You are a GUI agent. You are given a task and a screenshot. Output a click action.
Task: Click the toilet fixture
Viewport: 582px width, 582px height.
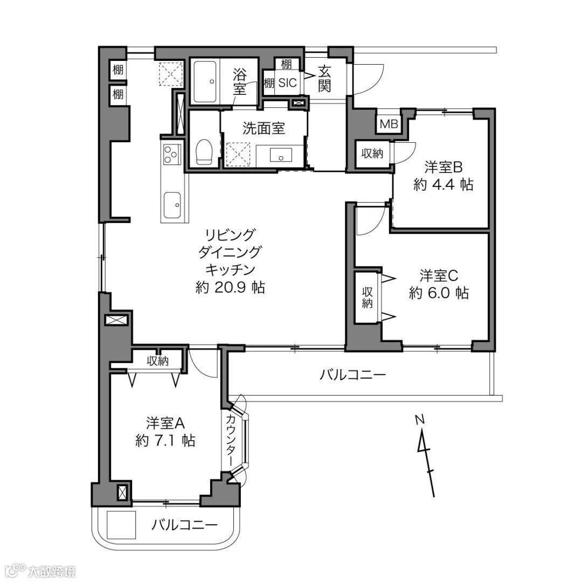(203, 151)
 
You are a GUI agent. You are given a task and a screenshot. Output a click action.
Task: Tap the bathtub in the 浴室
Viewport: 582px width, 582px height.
(205, 82)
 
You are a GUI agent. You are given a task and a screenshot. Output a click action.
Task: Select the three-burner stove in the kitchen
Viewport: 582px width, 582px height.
(172, 154)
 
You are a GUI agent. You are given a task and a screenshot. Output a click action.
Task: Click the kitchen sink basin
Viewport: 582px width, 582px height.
(172, 206)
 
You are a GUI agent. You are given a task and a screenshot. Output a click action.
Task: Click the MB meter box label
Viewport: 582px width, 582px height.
(389, 123)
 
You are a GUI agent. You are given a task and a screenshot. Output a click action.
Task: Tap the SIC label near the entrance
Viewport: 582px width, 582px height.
(287, 82)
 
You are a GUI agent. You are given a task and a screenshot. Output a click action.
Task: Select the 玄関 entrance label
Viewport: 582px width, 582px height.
(324, 79)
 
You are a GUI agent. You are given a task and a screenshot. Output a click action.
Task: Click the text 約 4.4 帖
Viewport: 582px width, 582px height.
(443, 184)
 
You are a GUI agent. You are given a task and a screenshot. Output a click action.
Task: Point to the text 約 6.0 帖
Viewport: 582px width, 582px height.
(439, 293)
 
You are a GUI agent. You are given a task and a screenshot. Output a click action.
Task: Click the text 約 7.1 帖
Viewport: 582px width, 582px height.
(165, 441)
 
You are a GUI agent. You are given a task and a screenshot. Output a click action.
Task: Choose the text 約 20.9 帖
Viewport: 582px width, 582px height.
(230, 287)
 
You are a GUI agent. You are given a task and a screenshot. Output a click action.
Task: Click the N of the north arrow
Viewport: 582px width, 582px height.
(419, 420)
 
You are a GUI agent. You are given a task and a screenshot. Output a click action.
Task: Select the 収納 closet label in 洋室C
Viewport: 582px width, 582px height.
(368, 297)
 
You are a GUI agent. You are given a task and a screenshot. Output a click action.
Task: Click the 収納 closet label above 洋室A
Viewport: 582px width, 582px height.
(158, 361)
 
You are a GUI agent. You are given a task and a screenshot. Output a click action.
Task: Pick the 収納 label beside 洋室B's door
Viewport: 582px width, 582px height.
(372, 153)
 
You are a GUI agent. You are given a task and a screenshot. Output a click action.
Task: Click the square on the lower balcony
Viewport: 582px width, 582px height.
(121, 524)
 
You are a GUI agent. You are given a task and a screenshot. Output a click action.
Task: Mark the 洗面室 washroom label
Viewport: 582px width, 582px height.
(264, 128)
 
